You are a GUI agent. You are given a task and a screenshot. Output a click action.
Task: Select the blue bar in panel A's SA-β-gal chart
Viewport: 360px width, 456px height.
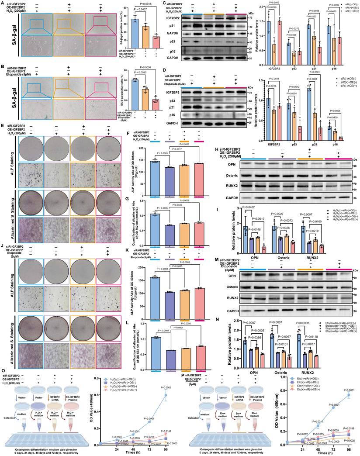click(136, 33)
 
